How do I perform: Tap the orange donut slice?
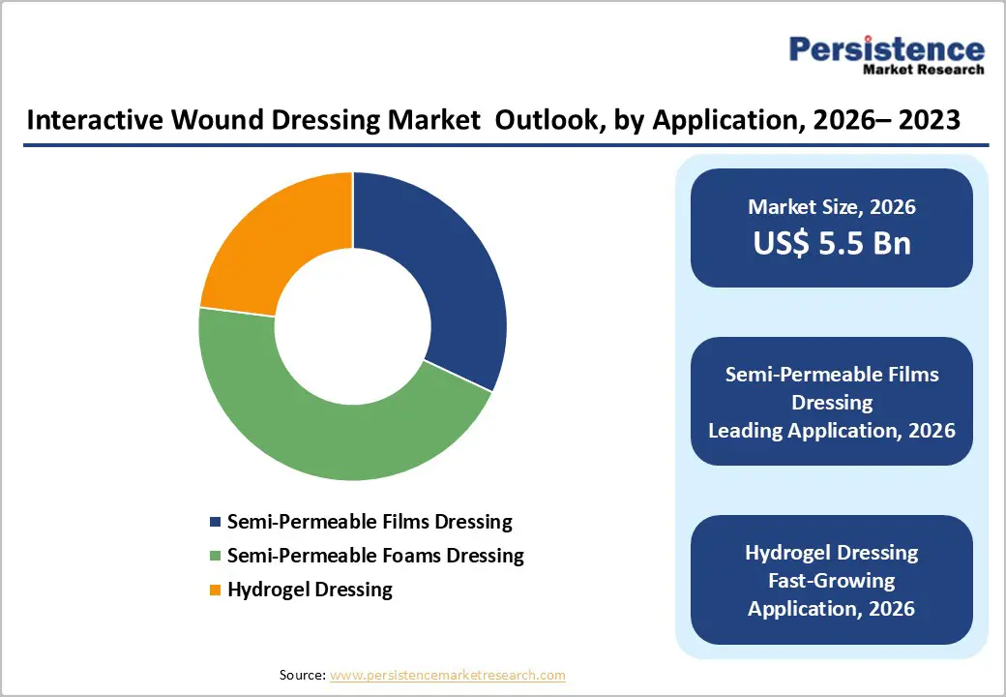pos(276,237)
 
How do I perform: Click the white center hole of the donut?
pos(353,326)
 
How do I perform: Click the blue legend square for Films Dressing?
pos(215,523)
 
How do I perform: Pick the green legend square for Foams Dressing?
pos(215,557)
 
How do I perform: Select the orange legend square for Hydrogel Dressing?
pos(215,590)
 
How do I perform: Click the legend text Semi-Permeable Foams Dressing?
pos(375,556)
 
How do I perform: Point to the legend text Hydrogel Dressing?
pos(310,589)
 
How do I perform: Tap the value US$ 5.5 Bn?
pos(832,243)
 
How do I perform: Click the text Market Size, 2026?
pos(832,206)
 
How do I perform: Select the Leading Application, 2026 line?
pos(832,431)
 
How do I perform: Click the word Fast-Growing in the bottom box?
pos(832,581)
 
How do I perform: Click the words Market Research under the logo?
pos(924,70)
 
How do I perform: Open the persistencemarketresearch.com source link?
pos(447,675)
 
